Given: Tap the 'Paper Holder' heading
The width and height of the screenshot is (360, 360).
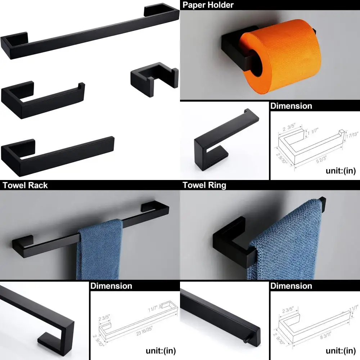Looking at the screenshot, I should click(208, 5).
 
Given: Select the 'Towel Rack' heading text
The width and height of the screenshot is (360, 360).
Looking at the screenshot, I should click(25, 185).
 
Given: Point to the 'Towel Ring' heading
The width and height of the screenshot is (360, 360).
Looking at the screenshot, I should click(204, 185).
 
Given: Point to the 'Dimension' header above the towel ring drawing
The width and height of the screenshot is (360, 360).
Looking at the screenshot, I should click(291, 286).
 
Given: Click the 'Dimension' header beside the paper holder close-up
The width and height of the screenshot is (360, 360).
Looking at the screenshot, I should click(291, 106).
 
